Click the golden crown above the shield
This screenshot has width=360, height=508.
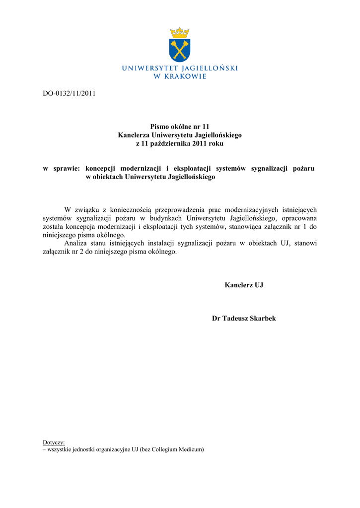[180, 33]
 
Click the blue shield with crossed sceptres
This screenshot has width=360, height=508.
[180, 50]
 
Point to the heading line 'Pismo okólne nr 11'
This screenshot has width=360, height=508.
[180, 127]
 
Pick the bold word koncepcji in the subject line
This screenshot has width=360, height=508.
[101, 169]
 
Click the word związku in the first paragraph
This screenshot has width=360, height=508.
[87, 210]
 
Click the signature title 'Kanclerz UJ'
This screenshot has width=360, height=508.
[244, 285]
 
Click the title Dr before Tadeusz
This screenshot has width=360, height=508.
[216, 318]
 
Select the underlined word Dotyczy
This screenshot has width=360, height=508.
[54, 442]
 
